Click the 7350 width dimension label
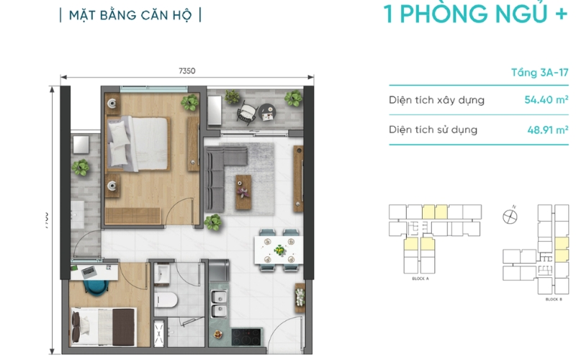tap(187, 70)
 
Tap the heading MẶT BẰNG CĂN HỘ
tap(130, 15)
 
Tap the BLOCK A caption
tap(420, 277)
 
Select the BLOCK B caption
tap(553, 298)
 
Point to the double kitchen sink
tap(220, 306)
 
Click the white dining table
tap(278, 251)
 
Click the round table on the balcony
tap(267, 112)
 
